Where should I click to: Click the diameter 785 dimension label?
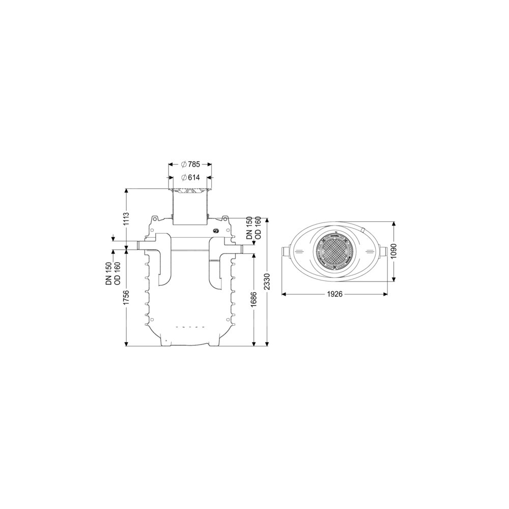[190, 164]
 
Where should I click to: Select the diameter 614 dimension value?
[190, 177]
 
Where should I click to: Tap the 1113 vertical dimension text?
[127, 219]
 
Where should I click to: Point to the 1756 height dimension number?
[127, 297]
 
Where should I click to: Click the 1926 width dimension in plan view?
[334, 294]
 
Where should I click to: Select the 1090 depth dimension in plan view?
[394, 251]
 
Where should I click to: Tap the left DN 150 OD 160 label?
[113, 273]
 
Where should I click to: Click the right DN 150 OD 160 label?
[253, 228]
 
